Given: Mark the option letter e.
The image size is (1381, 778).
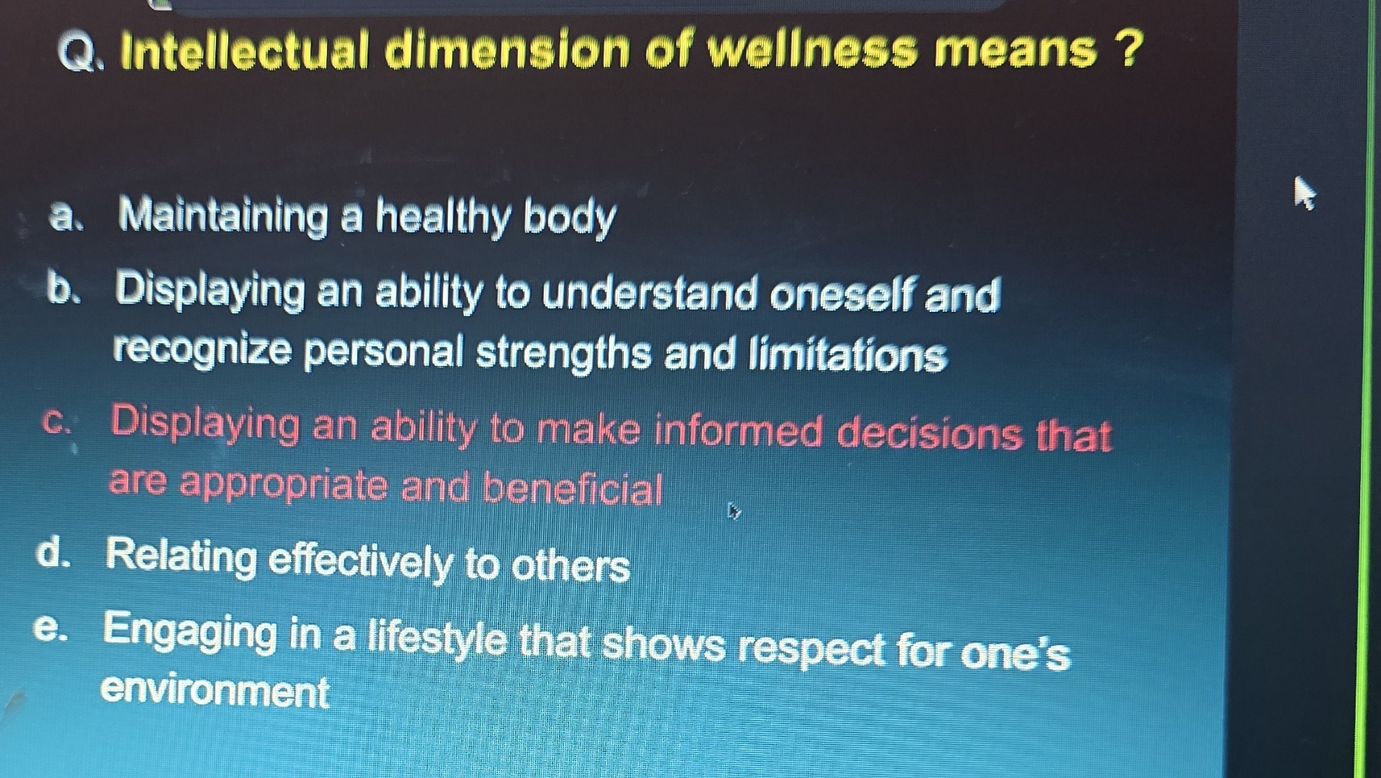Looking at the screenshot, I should point(50,629).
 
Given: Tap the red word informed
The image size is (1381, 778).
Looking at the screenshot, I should point(738,432).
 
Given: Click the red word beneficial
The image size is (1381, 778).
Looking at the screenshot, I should point(572,489).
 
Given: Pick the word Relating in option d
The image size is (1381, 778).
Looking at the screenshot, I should point(180,558).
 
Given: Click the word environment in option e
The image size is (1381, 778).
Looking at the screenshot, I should point(215,692).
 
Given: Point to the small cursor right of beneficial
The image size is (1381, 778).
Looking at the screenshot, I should point(734,511).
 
